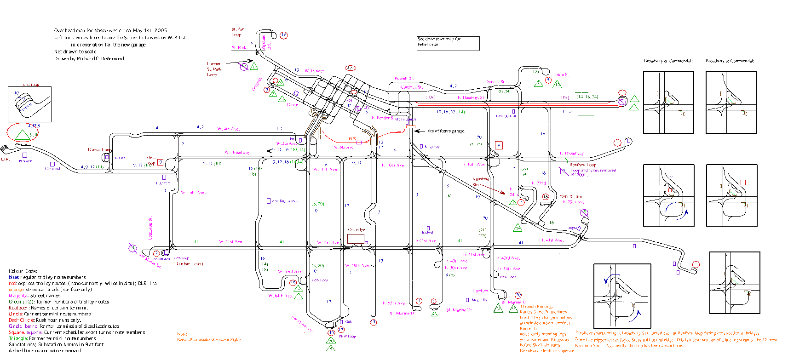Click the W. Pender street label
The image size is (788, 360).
click(x=314, y=71)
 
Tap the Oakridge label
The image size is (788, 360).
click(x=357, y=229)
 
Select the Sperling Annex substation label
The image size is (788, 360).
click(x=285, y=201)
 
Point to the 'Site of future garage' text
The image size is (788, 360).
click(x=446, y=131)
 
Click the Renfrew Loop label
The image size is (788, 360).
click(x=582, y=165)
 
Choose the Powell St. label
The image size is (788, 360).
click(x=404, y=79)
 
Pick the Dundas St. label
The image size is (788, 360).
click(x=495, y=82)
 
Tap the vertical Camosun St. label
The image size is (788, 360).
click(x=150, y=229)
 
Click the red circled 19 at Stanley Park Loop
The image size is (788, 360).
click(x=284, y=35)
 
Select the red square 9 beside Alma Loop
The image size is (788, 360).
click(x=160, y=162)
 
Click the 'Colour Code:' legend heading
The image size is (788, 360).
click(x=23, y=271)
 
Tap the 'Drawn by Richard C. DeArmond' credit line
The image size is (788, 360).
click(x=89, y=59)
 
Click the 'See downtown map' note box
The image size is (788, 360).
click(x=448, y=43)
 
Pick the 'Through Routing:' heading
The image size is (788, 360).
click(x=536, y=306)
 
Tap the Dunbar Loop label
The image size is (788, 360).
click(x=188, y=264)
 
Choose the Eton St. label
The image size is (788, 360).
click(x=562, y=74)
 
